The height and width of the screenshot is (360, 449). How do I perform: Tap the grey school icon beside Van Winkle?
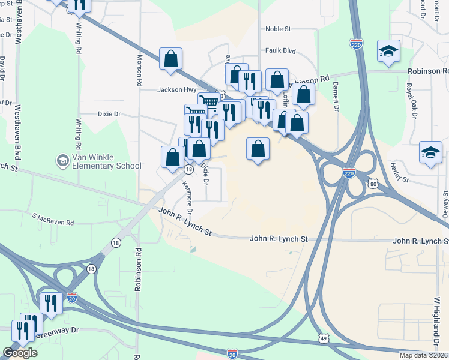62,160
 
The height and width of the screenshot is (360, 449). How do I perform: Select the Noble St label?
278,28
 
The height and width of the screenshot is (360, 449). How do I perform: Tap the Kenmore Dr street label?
187,198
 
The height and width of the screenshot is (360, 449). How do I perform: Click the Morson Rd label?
139,68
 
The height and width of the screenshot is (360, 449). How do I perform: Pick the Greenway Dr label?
58,330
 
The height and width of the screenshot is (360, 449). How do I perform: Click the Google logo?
20,353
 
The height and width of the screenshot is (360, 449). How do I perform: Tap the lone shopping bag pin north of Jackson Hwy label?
171,59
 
